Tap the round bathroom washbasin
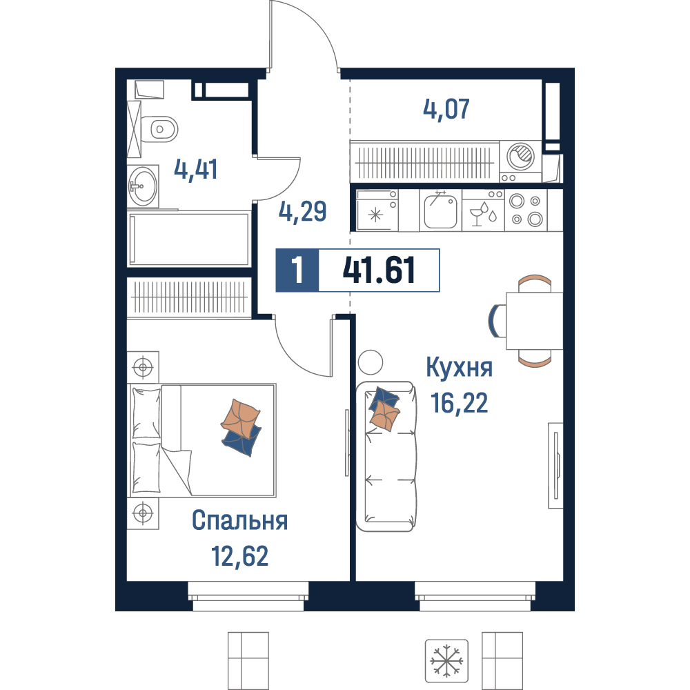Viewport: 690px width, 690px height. pyautogui.click(x=143, y=186)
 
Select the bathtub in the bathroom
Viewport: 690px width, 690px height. pyautogui.click(x=189, y=239)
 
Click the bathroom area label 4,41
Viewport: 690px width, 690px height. pyautogui.click(x=196, y=170)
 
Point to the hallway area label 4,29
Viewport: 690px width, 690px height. pyautogui.click(x=303, y=211)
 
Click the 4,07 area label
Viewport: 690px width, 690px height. pyautogui.click(x=446, y=109)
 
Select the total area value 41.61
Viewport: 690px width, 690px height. pyautogui.click(x=379, y=270)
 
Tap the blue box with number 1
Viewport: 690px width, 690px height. pyautogui.click(x=297, y=270)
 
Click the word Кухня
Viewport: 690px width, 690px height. pyautogui.click(x=460, y=368)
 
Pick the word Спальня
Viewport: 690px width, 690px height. pyautogui.click(x=240, y=520)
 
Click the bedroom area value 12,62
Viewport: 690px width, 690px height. pyautogui.click(x=240, y=555)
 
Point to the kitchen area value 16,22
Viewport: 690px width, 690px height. pyautogui.click(x=460, y=403)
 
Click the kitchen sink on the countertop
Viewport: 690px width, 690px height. pyautogui.click(x=440, y=210)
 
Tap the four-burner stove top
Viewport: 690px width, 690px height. pyautogui.click(x=526, y=210)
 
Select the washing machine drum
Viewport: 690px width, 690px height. pyautogui.click(x=520, y=156)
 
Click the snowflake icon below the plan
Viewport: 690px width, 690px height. pyautogui.click(x=446, y=661)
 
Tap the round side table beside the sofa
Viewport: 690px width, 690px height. pyautogui.click(x=371, y=362)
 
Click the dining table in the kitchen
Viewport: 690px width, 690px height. pyautogui.click(x=534, y=321)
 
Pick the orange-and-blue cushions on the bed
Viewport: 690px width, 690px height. pyautogui.click(x=241, y=427)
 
